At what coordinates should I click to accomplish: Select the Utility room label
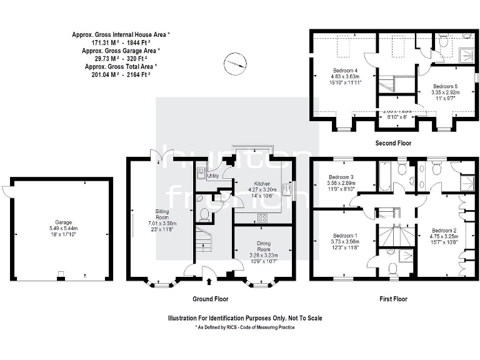click(x=212, y=176)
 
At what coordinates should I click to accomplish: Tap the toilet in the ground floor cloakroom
click(x=202, y=214)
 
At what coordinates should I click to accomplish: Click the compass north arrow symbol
click(x=236, y=63)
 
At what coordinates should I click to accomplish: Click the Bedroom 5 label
click(x=445, y=86)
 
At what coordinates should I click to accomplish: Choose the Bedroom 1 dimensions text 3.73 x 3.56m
click(x=345, y=242)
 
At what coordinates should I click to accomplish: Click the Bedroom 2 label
click(x=445, y=229)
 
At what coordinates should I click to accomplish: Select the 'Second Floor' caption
click(x=393, y=143)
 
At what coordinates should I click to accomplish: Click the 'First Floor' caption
click(x=394, y=299)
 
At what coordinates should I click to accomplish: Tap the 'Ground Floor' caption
click(x=209, y=299)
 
